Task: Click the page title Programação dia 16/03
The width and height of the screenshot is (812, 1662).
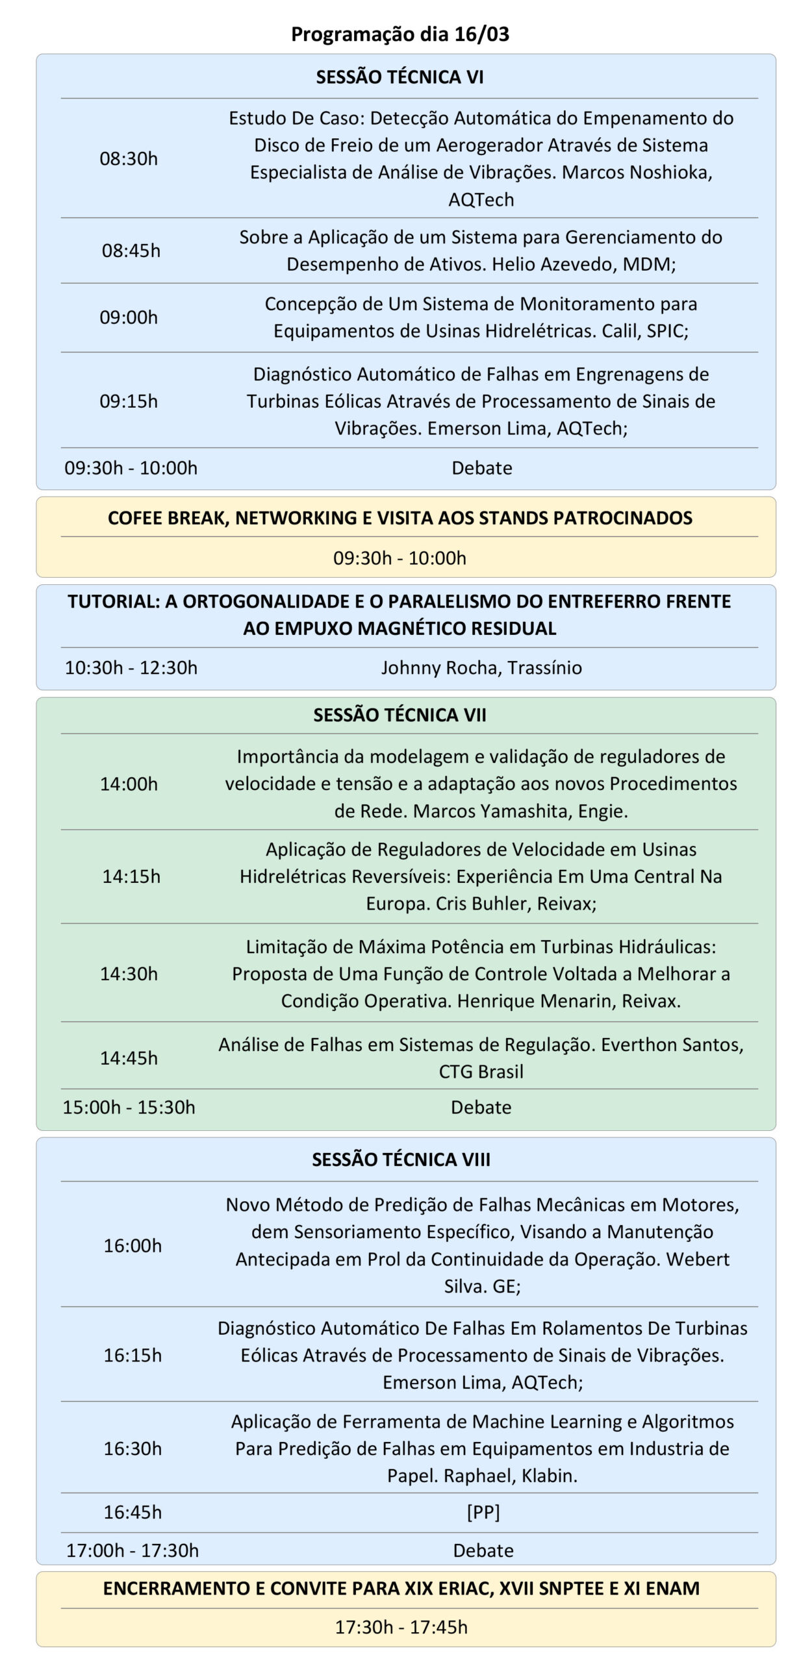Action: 400,34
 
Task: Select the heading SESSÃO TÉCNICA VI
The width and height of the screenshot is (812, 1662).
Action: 400,77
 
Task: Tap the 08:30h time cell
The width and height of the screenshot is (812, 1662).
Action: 129,158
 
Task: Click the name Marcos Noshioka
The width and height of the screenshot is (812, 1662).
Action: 637,172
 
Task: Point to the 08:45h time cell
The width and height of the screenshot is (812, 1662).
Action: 131,251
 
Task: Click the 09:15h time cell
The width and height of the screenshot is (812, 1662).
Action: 129,401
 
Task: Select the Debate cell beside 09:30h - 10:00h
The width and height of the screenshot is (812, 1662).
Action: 481,468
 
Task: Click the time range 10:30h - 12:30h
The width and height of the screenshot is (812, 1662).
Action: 131,668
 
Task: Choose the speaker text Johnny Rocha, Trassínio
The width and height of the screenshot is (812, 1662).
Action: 481,668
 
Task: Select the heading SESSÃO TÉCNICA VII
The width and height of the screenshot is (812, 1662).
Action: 400,715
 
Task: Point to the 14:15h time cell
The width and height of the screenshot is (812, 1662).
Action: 131,876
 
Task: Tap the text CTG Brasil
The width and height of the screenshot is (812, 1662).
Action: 481,1072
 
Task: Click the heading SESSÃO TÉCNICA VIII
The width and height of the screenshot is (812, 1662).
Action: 401,1160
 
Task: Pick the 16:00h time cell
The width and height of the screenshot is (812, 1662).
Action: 133,1245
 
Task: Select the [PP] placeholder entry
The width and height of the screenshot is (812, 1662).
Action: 483,1513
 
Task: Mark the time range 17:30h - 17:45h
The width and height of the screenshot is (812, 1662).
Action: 401,1627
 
